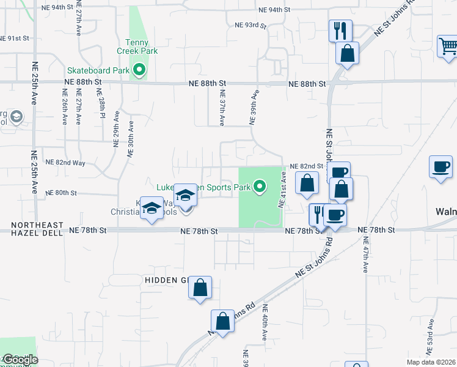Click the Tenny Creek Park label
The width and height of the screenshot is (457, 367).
[x=142, y=46]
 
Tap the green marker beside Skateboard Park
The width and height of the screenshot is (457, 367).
[x=139, y=70]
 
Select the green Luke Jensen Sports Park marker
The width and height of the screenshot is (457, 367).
[x=260, y=187]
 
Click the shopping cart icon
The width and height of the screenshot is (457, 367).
[x=448, y=46]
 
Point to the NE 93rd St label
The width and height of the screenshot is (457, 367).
[x=251, y=25]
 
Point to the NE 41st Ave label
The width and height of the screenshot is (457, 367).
[x=283, y=189]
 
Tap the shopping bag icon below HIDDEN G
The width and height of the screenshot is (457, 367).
[x=201, y=288]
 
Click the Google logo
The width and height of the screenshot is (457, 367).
[x=20, y=360]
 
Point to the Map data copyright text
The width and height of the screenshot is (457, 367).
[x=431, y=362]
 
